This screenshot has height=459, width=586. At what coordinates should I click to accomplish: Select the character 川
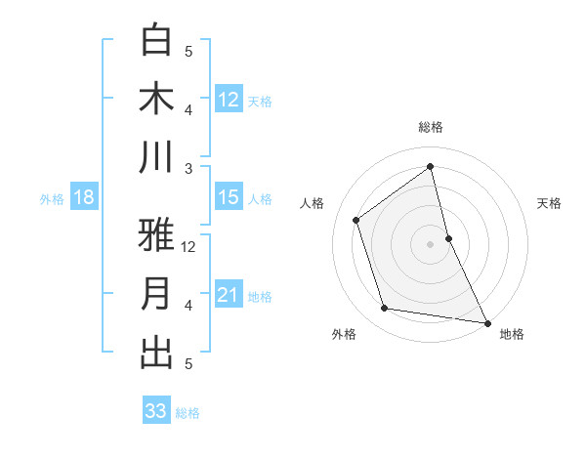[x=157, y=157]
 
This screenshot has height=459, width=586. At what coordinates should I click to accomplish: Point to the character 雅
[x=157, y=235]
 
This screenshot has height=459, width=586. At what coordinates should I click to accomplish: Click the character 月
[x=157, y=294]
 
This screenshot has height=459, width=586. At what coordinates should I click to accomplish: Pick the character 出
[x=157, y=353]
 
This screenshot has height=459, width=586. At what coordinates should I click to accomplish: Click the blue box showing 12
[x=229, y=100]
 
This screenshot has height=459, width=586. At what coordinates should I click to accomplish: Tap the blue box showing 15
[x=229, y=198]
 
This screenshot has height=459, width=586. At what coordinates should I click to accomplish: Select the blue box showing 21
[x=229, y=296]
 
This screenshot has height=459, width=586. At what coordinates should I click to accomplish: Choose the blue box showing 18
[x=84, y=198]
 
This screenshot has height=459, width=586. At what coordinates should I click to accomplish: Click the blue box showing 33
[x=156, y=411]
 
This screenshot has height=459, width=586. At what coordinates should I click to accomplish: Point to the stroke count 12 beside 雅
[x=189, y=246]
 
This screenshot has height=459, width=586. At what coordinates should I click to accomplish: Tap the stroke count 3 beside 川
[x=188, y=168]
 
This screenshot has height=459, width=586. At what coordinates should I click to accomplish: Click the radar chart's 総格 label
[x=431, y=127]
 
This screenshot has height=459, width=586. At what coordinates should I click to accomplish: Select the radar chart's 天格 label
[x=549, y=203]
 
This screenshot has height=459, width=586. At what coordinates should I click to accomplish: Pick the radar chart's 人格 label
[x=313, y=203]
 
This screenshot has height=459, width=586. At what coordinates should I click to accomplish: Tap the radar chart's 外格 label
[x=344, y=334]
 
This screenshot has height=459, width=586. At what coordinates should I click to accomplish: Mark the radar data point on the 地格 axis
[x=486, y=321]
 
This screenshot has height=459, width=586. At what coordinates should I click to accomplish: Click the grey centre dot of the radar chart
[x=431, y=243]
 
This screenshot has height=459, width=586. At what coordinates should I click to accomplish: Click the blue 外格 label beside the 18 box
[x=52, y=199]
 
